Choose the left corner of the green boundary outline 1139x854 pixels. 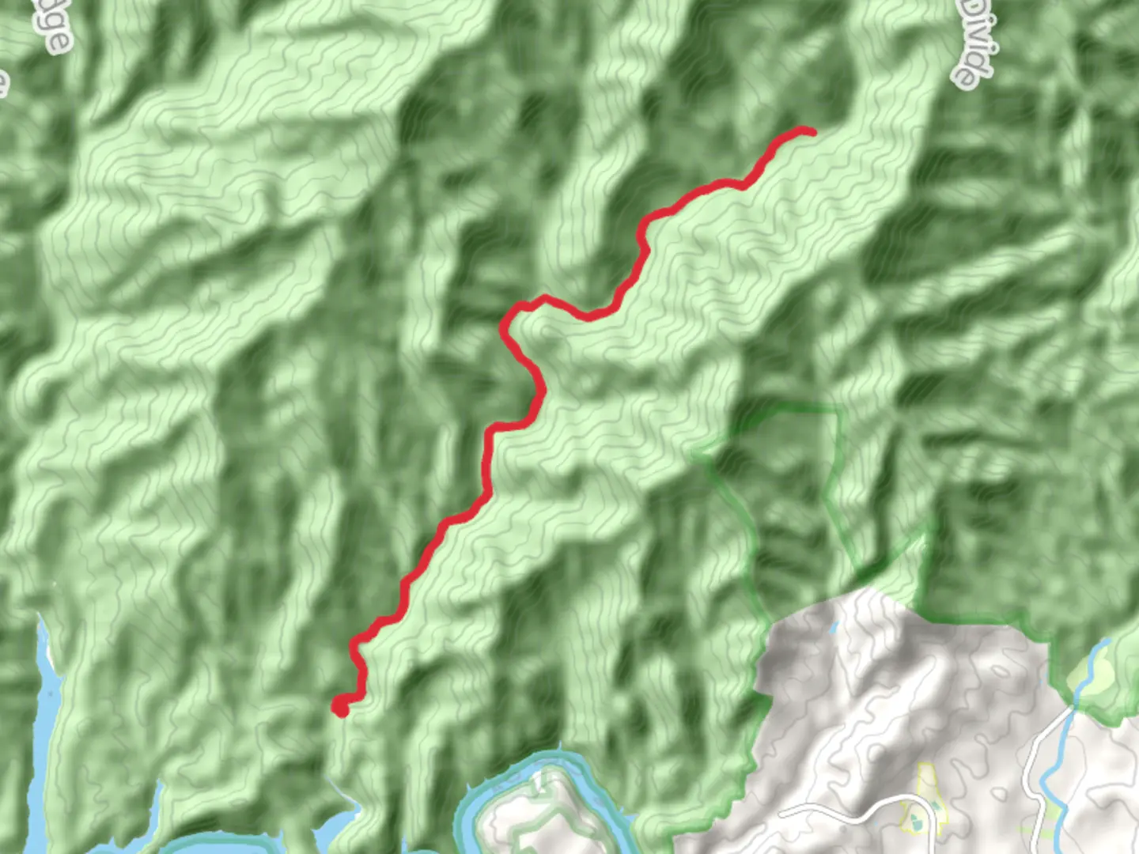[x=696, y=455]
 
